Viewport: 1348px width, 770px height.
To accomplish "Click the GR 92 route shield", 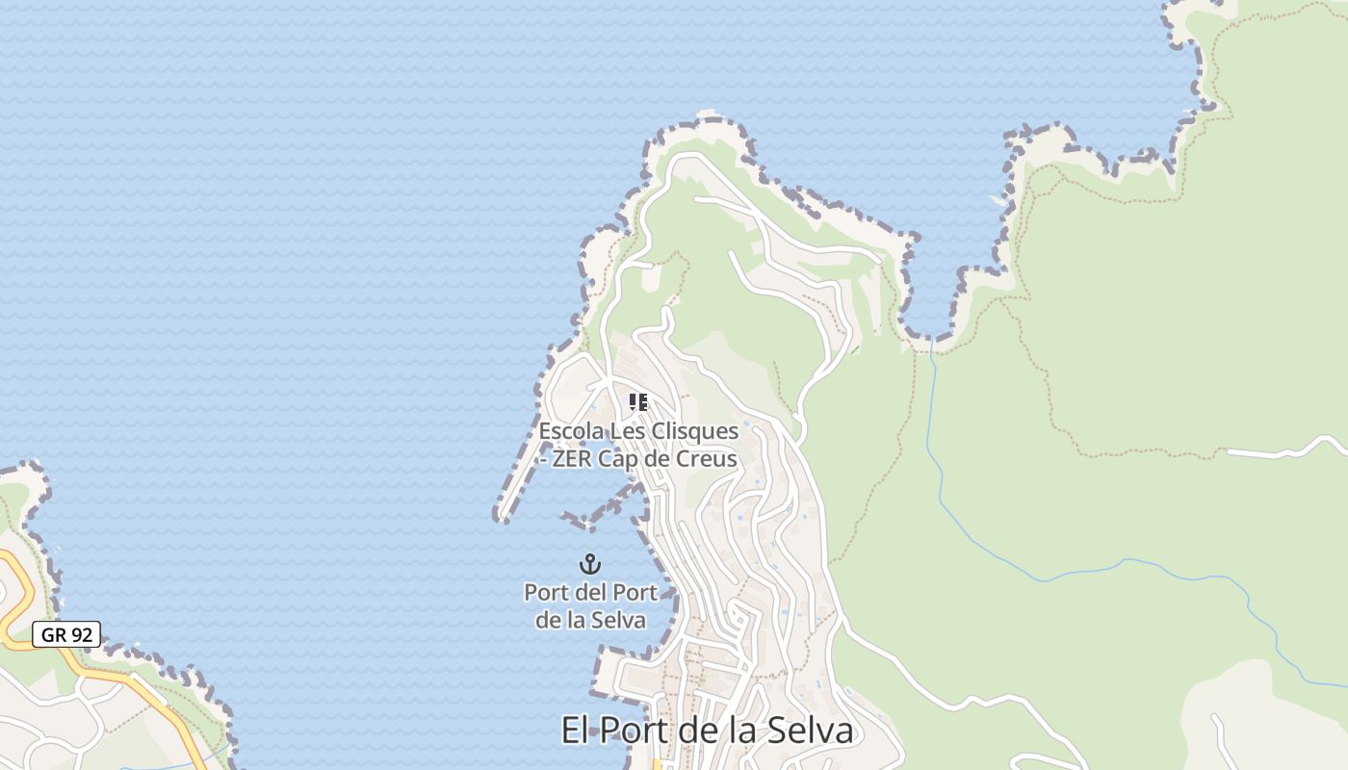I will pyautogui.click(x=66, y=634).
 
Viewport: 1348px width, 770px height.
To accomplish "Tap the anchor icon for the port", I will pyautogui.click(x=589, y=563).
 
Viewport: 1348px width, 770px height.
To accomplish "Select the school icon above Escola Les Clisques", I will pyautogui.click(x=637, y=402).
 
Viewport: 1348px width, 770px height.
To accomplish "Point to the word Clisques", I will pyautogui.click(x=693, y=431).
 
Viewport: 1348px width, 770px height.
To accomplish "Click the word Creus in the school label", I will pyautogui.click(x=707, y=459).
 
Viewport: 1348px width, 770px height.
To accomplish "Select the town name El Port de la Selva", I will pyautogui.click(x=707, y=731).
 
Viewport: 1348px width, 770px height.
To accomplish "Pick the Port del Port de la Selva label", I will pyautogui.click(x=590, y=605).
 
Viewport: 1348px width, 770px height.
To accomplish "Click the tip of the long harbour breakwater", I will pyautogui.click(x=501, y=517).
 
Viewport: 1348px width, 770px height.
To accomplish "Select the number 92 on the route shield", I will pyautogui.click(x=82, y=634).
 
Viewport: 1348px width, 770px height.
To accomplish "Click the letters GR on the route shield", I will pyautogui.click(x=53, y=634).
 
